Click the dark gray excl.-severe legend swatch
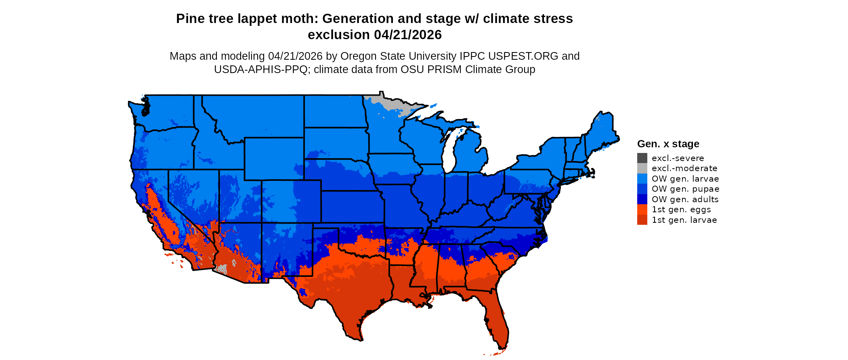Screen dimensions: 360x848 click(x=642, y=158)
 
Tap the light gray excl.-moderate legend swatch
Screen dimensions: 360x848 click(x=642, y=168)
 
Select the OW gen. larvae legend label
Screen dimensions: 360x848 click(x=685, y=179)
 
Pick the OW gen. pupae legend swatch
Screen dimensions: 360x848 click(x=642, y=189)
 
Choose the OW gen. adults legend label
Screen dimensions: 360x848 click(x=685, y=199)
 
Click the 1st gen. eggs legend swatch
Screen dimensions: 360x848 click(x=642, y=209)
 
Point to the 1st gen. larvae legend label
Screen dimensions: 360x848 click(x=684, y=220)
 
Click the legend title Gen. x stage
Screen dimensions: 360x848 click(x=668, y=144)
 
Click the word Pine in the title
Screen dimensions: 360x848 click(x=189, y=19)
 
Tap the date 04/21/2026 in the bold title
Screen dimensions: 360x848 click(x=408, y=35)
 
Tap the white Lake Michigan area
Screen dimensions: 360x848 click(x=451, y=149)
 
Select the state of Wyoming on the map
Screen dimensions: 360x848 click(x=274, y=159)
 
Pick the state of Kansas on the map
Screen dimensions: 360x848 click(x=351, y=206)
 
